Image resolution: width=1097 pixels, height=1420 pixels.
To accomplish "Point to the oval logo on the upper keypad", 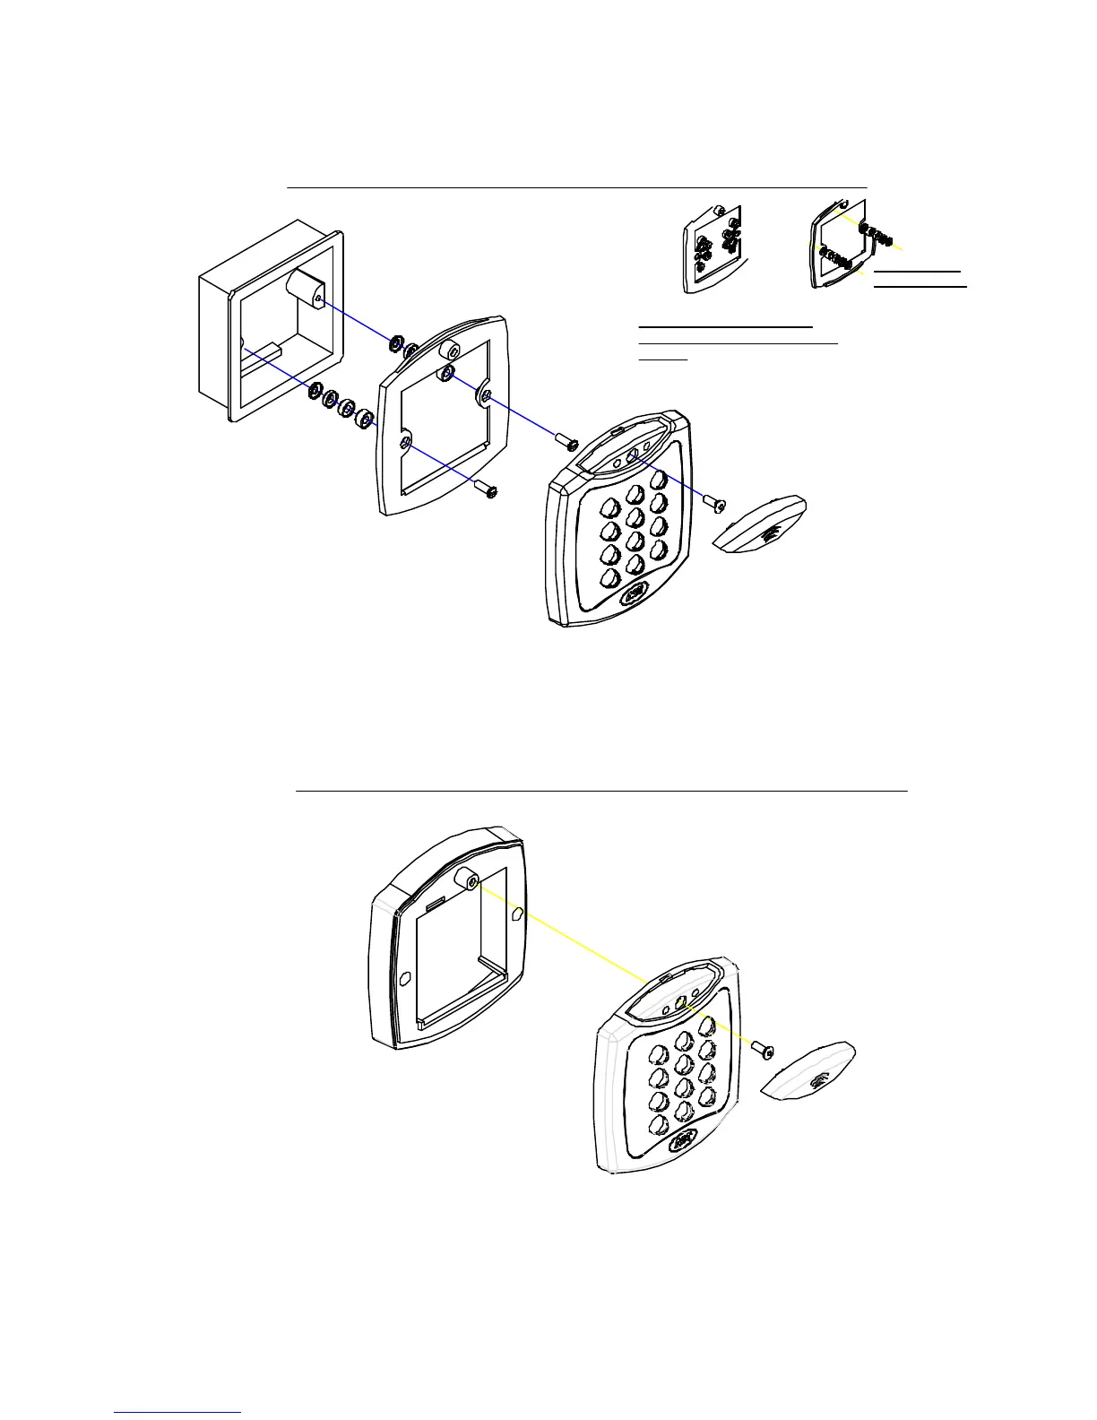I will [635, 593].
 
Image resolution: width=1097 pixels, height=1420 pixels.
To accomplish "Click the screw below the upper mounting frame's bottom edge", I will [488, 490].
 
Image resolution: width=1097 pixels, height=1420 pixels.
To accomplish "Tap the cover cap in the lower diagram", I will [808, 1070].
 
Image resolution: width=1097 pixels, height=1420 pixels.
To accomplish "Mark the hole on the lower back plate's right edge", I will [517, 915].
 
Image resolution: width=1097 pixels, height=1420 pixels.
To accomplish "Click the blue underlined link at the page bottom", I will [178, 1412].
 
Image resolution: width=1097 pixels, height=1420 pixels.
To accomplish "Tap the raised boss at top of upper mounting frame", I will [445, 351].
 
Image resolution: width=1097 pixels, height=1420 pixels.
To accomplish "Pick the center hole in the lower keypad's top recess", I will [681, 1004].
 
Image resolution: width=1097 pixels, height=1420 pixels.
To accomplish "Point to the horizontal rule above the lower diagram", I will [601, 792].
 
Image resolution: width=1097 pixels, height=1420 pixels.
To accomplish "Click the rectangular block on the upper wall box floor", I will [265, 350].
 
